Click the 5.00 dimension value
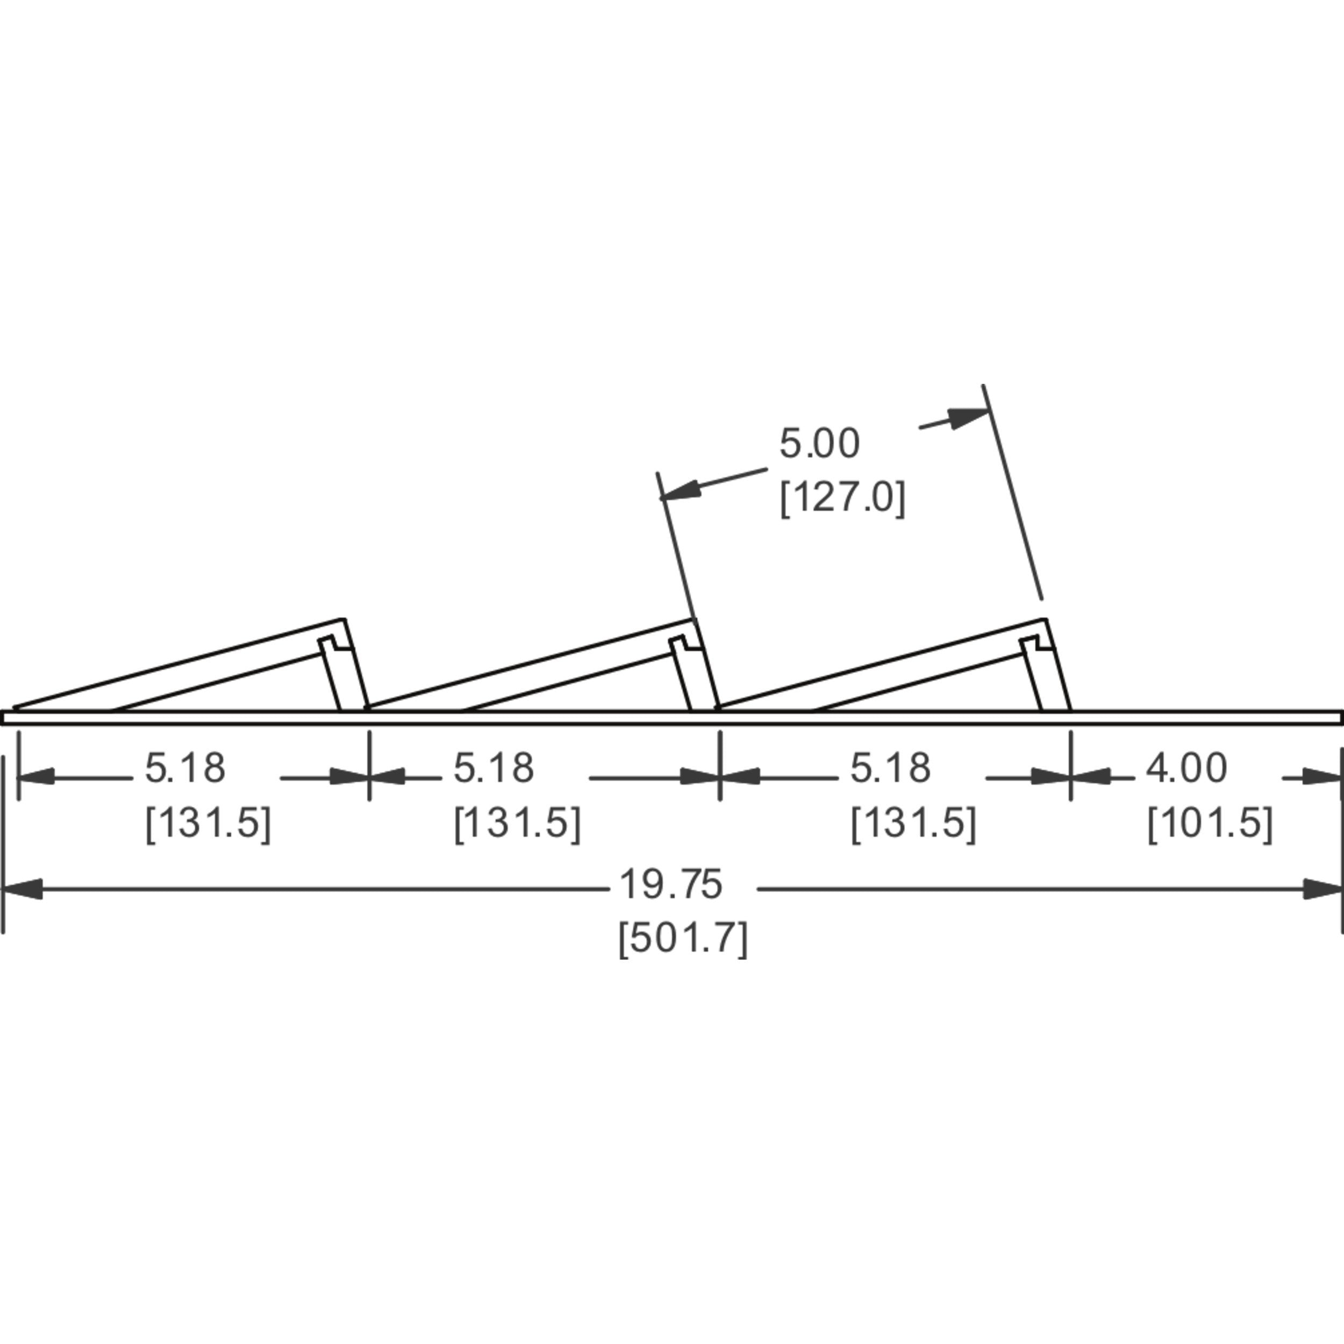pos(819,443)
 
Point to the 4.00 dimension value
pos(1186,769)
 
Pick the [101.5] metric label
pos(1210,823)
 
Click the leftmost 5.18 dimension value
pos(185,769)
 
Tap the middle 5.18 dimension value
pos(494,769)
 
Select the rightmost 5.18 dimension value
pos(890,769)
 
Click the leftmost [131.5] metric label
pos(208,823)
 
